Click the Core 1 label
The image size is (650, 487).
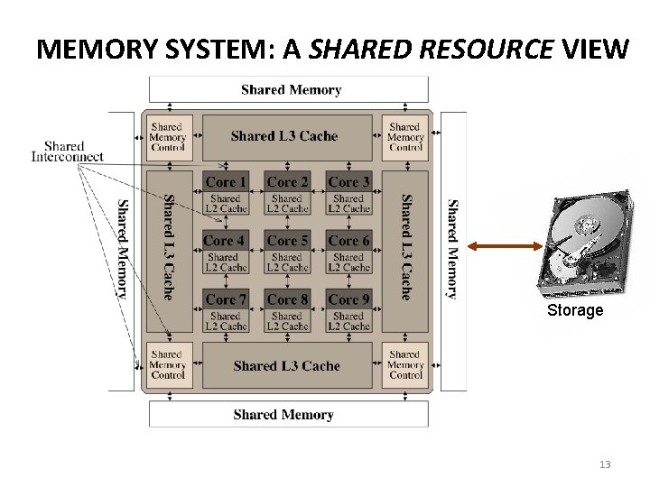pos(226,182)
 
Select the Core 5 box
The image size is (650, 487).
pos(287,251)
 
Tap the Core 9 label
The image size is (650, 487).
pos(348,299)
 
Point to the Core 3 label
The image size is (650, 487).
pos(348,182)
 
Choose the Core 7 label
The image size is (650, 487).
pos(226,299)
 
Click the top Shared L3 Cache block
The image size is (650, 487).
pos(284,136)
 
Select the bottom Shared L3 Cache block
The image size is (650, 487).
pos(286,366)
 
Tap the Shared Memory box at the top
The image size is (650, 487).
pos(291,90)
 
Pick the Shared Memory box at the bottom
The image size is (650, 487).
pos(283,415)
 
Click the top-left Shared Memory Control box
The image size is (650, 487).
pos(167,137)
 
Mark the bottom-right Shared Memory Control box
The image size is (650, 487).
pos(405,365)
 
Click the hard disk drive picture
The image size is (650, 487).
pos(585,243)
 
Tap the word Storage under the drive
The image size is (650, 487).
pos(575,311)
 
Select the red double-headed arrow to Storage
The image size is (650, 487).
pos(497,244)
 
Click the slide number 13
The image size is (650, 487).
pos(605,464)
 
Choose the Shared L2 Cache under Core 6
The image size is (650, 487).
pos(348,262)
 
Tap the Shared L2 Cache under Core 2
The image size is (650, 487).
pos(287,204)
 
